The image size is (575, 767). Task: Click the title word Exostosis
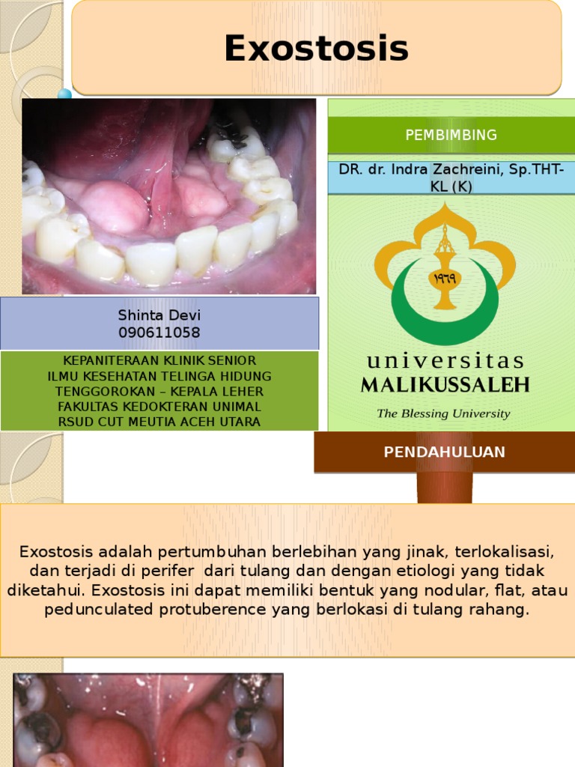tap(316, 49)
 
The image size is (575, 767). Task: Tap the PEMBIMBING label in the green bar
tap(451, 135)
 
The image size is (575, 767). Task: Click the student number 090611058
tap(159, 333)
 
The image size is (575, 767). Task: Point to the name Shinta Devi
tap(159, 315)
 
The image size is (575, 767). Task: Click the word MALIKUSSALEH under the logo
tap(445, 386)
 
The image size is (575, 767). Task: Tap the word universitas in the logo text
tap(445, 361)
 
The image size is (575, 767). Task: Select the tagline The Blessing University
tap(443, 413)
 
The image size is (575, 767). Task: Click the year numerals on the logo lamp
tap(445, 278)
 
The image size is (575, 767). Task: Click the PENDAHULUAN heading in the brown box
tap(444, 452)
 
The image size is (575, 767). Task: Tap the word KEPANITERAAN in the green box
tap(99, 360)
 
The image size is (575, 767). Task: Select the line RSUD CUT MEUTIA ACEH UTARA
tap(159, 422)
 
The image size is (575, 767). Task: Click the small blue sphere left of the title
tap(65, 94)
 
